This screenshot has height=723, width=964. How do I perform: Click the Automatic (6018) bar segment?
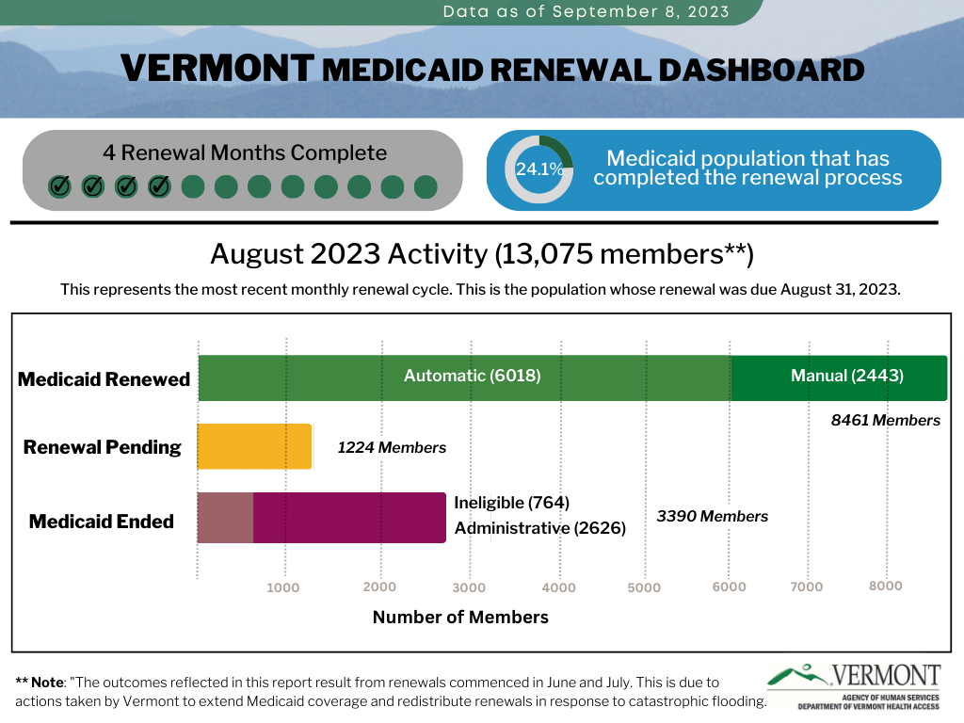(465, 378)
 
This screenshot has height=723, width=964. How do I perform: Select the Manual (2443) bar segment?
(839, 378)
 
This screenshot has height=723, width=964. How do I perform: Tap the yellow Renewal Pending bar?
(254, 446)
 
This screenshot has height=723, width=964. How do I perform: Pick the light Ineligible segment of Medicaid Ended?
(225, 518)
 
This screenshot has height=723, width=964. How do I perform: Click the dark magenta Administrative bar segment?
(350, 518)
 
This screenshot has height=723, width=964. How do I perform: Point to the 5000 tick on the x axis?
(644, 587)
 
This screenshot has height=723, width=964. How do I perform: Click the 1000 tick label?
(282, 587)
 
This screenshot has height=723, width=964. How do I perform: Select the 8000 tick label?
(885, 586)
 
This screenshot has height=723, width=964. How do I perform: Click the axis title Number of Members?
(460, 617)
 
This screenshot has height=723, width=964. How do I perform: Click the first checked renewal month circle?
(59, 186)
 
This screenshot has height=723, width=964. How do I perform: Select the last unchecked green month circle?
(426, 187)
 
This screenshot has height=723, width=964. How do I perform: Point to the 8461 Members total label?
(885, 420)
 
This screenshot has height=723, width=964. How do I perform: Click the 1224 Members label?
(392, 447)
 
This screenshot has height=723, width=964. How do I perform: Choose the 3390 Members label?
(712, 516)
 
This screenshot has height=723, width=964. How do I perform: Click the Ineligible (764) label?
(511, 503)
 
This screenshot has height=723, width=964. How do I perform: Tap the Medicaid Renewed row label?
(104, 379)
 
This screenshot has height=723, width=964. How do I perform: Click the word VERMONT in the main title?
(217, 68)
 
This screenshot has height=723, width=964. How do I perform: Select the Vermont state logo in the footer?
(854, 685)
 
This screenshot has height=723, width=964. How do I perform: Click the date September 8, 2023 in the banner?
(640, 11)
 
